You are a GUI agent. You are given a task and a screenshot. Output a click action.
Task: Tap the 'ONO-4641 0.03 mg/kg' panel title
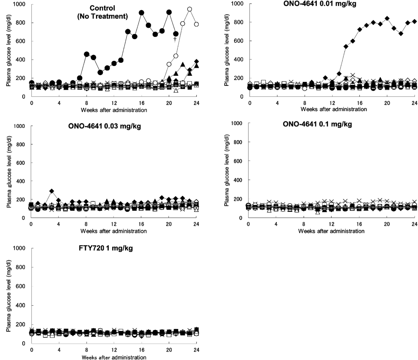click(x=104, y=126)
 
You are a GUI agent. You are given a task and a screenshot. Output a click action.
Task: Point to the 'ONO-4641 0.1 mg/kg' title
click(x=317, y=124)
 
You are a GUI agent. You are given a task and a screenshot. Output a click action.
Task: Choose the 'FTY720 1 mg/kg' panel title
click(x=106, y=248)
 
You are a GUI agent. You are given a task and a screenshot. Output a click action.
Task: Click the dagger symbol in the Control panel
click(x=175, y=39)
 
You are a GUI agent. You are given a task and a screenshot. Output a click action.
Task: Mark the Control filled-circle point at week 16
click(x=142, y=13)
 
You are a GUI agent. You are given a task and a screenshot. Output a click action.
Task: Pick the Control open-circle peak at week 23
click(x=189, y=9)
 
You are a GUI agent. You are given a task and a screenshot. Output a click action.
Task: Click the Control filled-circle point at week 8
click(x=87, y=54)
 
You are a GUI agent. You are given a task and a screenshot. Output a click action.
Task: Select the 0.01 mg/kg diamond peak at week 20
click(x=387, y=18)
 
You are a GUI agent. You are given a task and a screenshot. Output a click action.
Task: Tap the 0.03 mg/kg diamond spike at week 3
click(x=52, y=191)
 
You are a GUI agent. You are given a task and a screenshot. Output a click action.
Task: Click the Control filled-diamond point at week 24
click(x=196, y=62)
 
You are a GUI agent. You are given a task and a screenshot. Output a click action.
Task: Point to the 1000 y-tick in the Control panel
click(x=20, y=4)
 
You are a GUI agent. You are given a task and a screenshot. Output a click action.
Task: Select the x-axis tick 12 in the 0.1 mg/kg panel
click(x=331, y=224)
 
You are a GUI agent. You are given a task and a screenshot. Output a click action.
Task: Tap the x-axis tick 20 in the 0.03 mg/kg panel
click(x=169, y=224)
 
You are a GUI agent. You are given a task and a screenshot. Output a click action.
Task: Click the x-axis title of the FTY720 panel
click(x=114, y=357)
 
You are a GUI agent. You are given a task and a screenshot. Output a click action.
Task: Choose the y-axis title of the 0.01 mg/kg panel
click(x=227, y=50)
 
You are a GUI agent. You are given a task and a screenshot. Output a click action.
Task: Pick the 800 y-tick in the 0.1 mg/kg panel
click(x=238, y=142)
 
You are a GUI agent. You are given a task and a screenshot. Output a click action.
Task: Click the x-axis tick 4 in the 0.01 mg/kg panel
click(x=277, y=103)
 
